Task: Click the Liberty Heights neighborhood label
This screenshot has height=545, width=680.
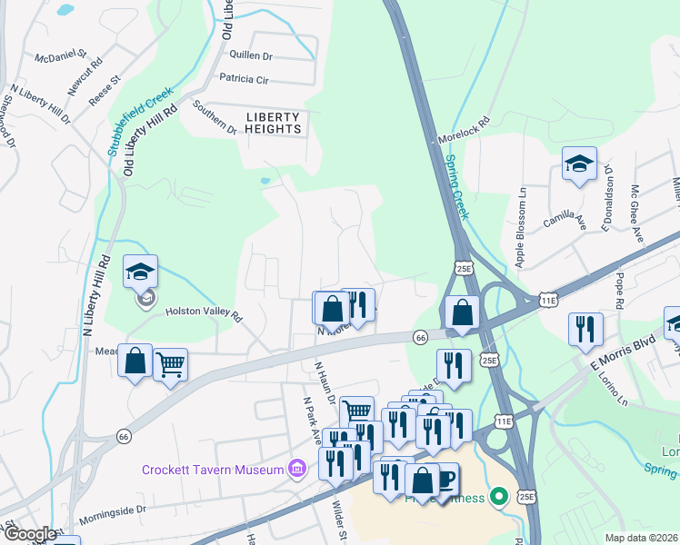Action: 273,123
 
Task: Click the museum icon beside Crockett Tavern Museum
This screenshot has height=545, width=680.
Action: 295,469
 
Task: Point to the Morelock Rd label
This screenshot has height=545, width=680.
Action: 464,131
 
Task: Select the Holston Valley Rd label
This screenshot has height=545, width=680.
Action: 204,313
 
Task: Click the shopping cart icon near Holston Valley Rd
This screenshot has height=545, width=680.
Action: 170,365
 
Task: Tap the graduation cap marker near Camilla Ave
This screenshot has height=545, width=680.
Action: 579,163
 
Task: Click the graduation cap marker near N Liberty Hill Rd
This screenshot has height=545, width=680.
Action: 140,272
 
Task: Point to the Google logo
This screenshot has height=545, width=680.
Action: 29,535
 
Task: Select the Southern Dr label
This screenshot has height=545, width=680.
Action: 214,118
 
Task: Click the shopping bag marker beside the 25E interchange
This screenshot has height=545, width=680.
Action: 463,312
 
